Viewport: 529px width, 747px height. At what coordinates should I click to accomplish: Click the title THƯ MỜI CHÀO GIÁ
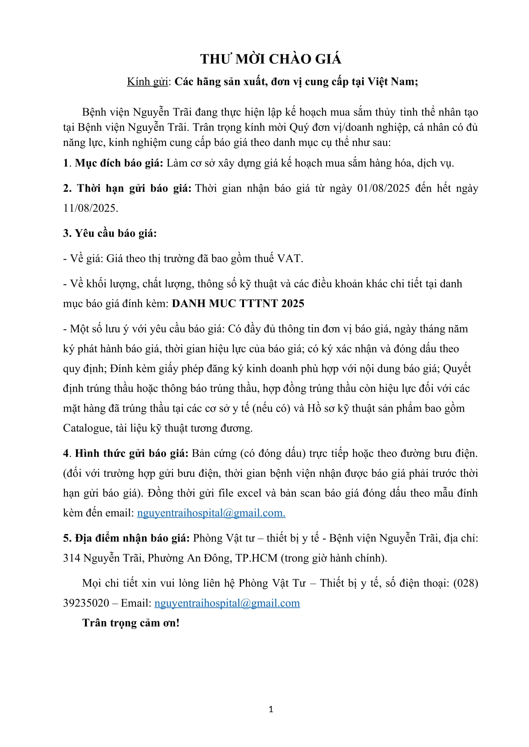(x=270, y=59)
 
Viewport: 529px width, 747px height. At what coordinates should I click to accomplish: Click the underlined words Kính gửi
(x=147, y=81)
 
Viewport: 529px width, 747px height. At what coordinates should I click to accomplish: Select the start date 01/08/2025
(x=383, y=188)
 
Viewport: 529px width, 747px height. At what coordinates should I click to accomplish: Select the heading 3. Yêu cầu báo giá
(x=110, y=233)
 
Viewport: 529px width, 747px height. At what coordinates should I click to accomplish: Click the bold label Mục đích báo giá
(x=119, y=163)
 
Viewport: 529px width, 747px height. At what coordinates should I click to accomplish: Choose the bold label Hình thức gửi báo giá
(x=131, y=453)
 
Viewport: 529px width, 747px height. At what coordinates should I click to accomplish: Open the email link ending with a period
(x=211, y=513)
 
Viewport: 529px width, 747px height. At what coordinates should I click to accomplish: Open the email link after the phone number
(x=227, y=603)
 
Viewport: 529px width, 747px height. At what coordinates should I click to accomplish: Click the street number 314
(x=72, y=558)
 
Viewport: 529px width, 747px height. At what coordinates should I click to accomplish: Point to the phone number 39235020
(x=86, y=603)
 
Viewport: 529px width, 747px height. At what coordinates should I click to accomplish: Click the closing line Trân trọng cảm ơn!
(x=131, y=623)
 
